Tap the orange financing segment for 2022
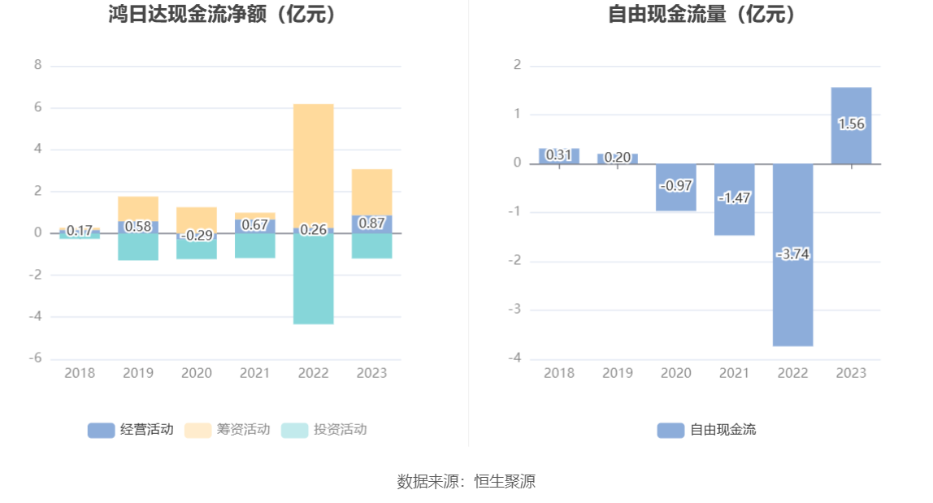(x=313, y=163)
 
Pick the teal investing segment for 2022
(x=313, y=280)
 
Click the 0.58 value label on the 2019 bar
(x=137, y=227)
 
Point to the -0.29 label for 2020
(x=196, y=236)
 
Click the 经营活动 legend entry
(x=131, y=430)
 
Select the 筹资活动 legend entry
(x=228, y=430)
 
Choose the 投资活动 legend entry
(x=324, y=430)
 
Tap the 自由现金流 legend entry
(x=706, y=430)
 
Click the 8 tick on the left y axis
(x=37, y=65)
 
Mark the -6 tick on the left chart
(x=35, y=359)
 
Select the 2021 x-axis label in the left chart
(x=254, y=373)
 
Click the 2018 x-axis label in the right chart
(x=558, y=373)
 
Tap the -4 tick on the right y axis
(x=514, y=359)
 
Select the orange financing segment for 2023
(x=371, y=192)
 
